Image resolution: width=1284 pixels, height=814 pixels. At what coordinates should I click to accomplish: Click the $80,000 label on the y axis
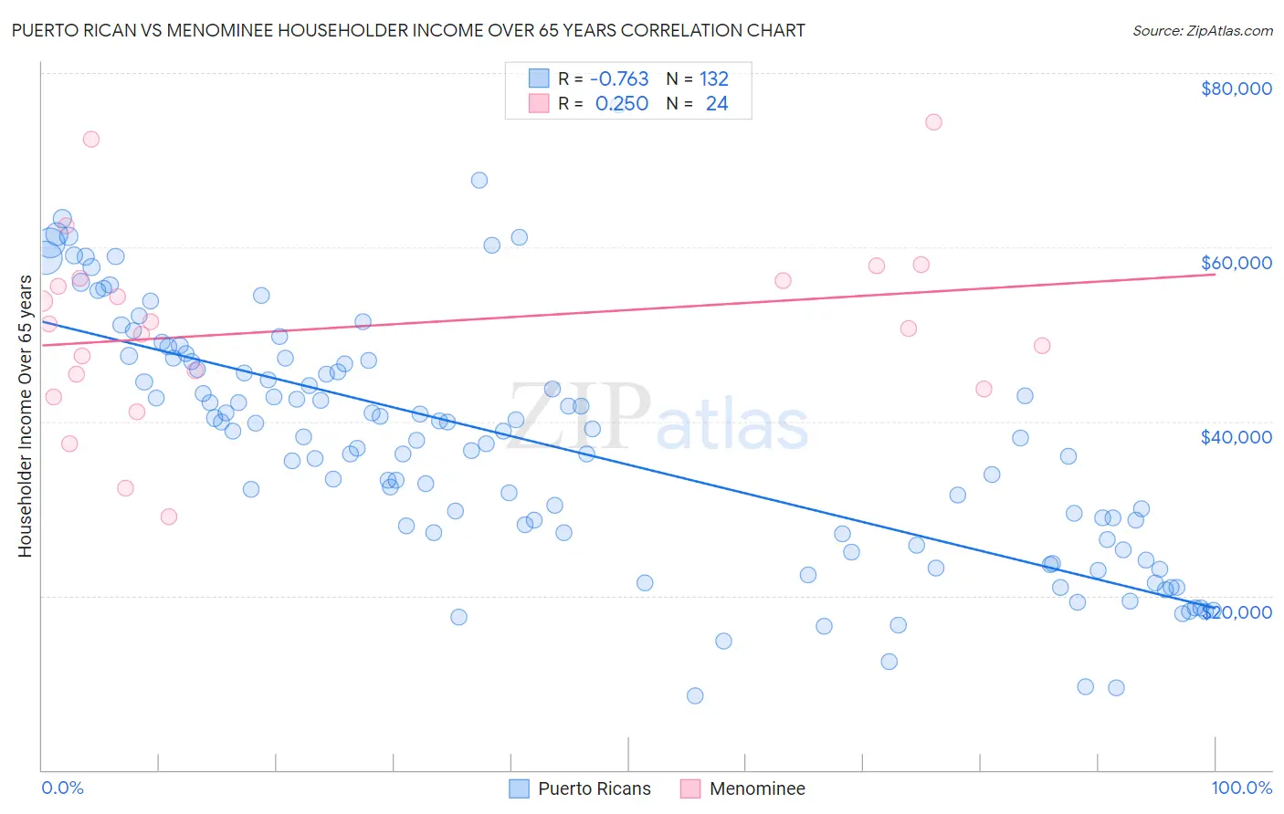(x=1236, y=89)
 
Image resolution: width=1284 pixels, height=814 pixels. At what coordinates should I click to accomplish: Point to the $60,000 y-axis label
(x=1236, y=263)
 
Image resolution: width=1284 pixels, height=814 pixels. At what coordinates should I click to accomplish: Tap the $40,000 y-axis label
(x=1236, y=437)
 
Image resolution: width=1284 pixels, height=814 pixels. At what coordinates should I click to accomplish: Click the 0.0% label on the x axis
(x=62, y=788)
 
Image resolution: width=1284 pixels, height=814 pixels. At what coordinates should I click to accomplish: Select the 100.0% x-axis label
(x=1241, y=788)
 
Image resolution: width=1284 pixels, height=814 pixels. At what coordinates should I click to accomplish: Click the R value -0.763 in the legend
(x=619, y=78)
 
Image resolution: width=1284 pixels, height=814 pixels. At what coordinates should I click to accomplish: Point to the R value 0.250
(x=621, y=104)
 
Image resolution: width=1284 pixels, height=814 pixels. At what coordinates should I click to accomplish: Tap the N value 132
(x=714, y=78)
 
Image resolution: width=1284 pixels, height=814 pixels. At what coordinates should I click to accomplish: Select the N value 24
(x=717, y=104)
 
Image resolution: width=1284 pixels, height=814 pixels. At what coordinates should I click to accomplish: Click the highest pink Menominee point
(x=933, y=122)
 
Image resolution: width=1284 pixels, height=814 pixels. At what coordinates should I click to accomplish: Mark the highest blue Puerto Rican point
(x=479, y=180)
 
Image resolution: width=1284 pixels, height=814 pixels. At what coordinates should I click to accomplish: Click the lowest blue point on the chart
(x=695, y=695)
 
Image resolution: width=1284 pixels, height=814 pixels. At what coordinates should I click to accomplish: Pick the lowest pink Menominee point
(x=168, y=517)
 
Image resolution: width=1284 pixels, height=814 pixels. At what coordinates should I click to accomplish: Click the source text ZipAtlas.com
(x=1203, y=31)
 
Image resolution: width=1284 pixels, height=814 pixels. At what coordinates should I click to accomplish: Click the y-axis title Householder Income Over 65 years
(x=26, y=416)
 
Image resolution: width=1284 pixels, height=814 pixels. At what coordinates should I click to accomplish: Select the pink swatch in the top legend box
(x=539, y=104)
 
